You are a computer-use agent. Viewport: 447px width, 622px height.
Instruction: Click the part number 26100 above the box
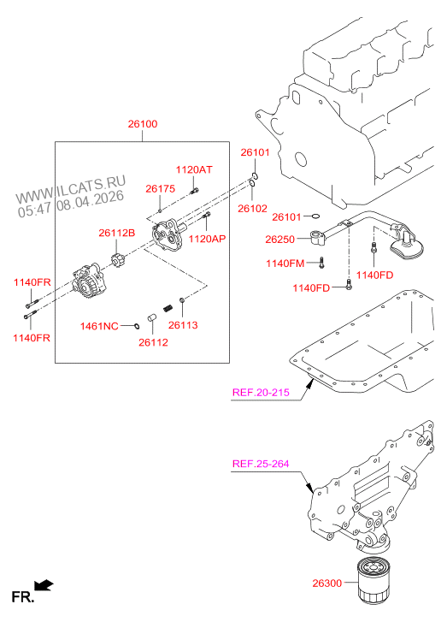click(143, 125)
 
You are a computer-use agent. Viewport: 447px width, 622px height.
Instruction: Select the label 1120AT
click(194, 170)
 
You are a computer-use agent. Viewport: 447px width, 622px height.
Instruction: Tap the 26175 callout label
click(160, 188)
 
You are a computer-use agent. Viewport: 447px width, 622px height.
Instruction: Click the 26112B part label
click(117, 232)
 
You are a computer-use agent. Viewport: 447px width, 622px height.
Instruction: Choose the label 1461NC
click(98, 326)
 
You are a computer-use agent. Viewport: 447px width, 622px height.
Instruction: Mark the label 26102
click(253, 208)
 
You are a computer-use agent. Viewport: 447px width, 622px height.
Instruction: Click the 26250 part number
click(280, 240)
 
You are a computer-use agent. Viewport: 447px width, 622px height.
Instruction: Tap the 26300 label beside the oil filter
click(326, 583)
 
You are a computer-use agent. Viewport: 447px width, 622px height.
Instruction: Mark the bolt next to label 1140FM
click(322, 262)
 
